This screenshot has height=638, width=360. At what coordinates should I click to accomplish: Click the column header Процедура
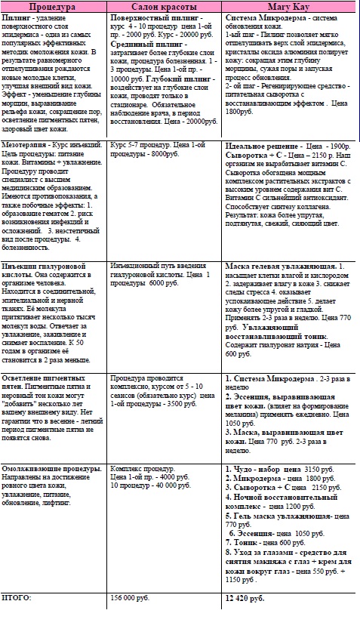[x=54, y=5]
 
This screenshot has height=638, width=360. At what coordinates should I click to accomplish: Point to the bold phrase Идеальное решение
[x=262, y=143]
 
